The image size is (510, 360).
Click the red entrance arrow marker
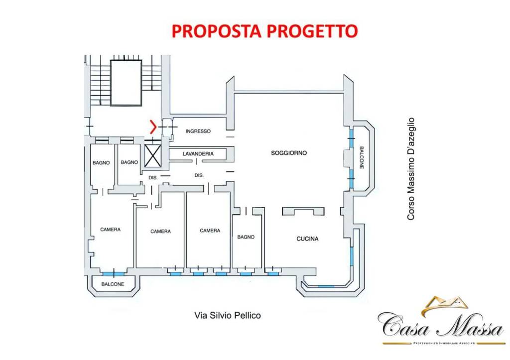[153, 127]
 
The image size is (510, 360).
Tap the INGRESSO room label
[198, 131]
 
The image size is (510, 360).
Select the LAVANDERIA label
[198, 154]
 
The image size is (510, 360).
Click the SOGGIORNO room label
[289, 153]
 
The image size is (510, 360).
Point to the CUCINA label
[307, 239]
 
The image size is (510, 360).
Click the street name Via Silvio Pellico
[227, 315]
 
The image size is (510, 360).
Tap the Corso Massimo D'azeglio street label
[411, 169]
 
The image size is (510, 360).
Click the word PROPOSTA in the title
[217, 31]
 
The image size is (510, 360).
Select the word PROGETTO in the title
[312, 31]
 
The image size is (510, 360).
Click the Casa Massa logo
[440, 322]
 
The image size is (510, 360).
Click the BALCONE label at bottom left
[113, 284]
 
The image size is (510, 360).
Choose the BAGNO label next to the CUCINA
[246, 237]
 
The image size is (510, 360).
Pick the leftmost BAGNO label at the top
[101, 162]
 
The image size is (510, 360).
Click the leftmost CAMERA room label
[111, 230]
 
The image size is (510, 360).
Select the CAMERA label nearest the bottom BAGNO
[210, 231]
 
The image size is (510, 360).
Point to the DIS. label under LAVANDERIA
[199, 175]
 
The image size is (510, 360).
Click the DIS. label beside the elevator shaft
[153, 177]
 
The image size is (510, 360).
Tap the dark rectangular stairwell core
[126, 83]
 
